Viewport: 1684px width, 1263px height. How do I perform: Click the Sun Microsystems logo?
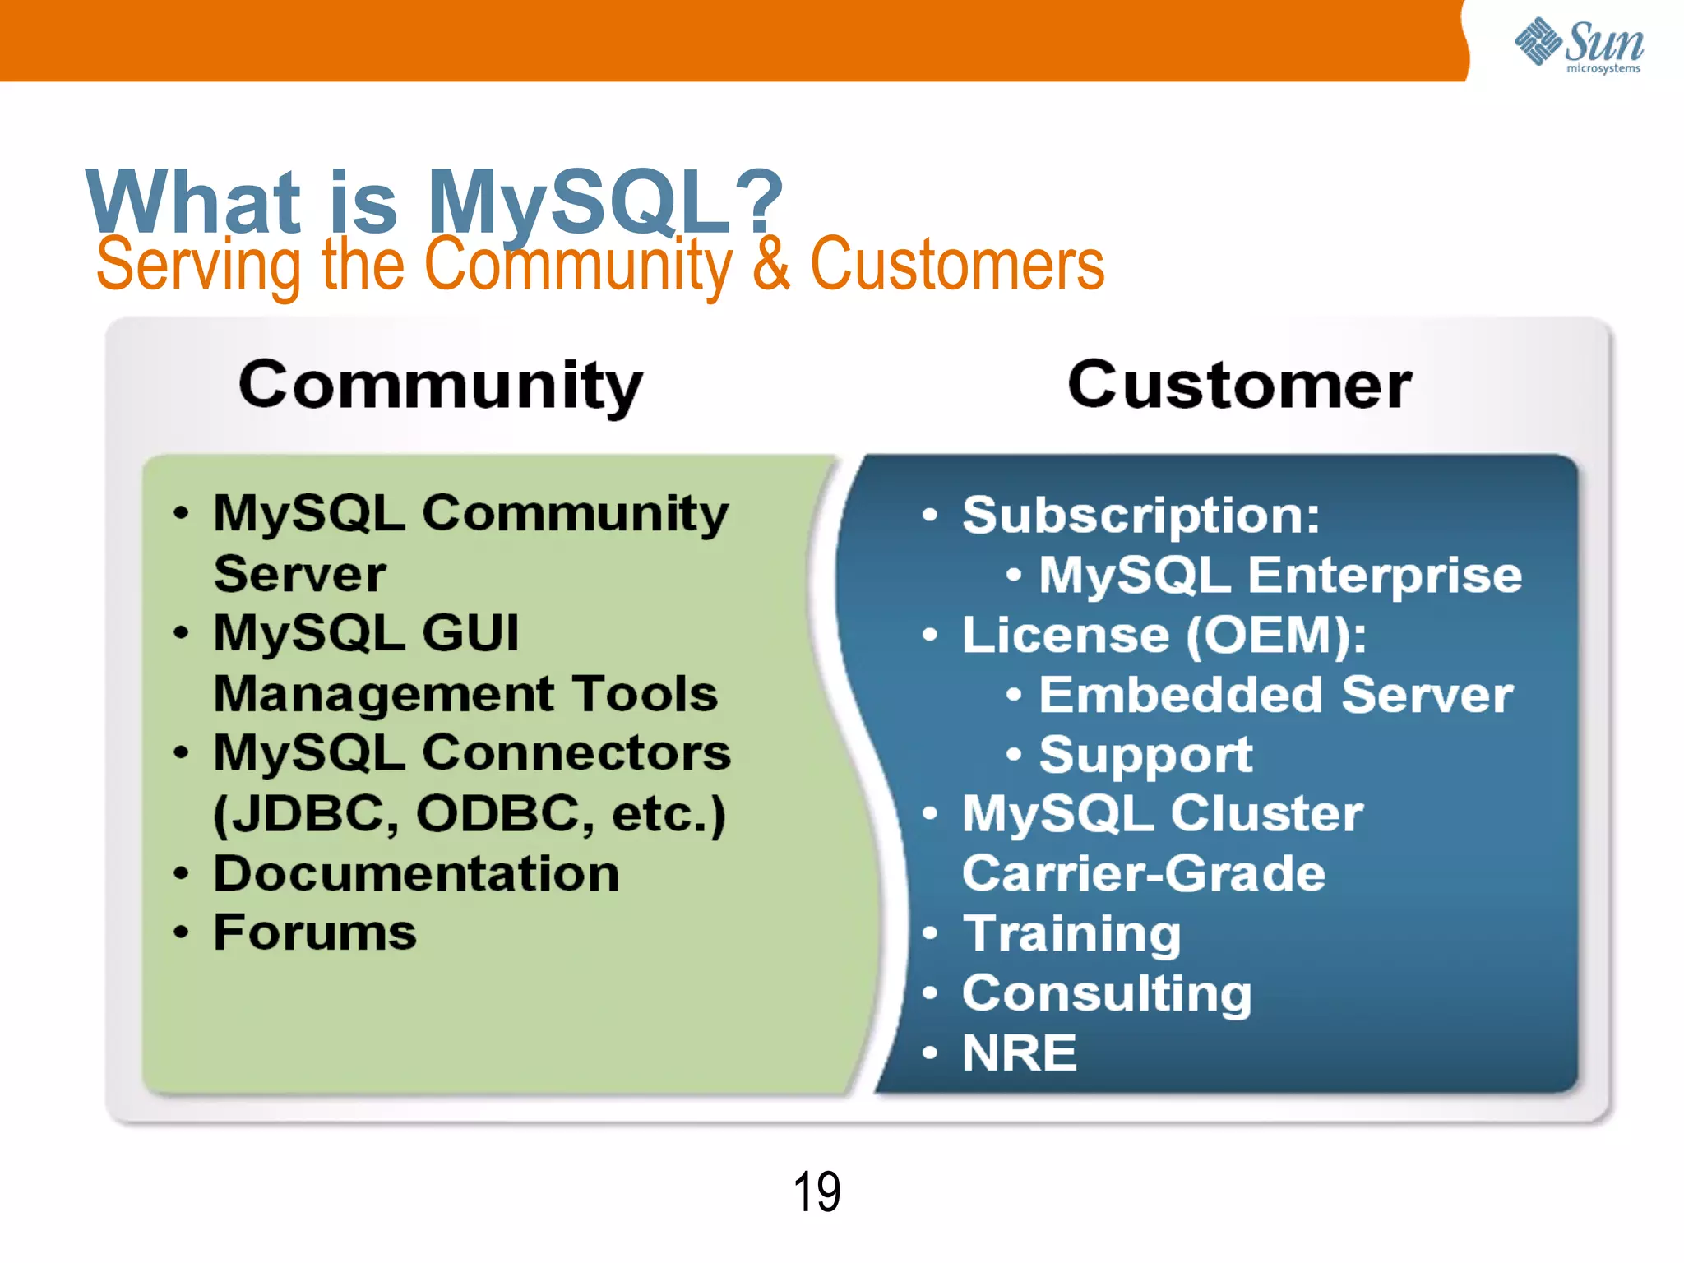[1579, 45]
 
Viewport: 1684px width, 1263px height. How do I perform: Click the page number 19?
[817, 1191]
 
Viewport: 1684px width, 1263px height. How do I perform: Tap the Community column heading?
[441, 386]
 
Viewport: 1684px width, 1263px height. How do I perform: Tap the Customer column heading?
[1239, 385]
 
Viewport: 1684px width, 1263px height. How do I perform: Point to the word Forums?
[315, 932]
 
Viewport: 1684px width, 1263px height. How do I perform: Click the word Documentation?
[416, 873]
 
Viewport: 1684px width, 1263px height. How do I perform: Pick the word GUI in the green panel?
[470, 633]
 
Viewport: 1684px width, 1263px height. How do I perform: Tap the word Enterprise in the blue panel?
[1385, 575]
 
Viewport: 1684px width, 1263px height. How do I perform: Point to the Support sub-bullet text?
[1145, 754]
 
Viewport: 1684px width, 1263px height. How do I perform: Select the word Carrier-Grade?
[1144, 873]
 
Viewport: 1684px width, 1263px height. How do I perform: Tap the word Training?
[1072, 934]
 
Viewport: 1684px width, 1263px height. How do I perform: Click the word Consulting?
[1107, 993]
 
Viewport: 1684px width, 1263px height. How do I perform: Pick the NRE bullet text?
[1020, 1053]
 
